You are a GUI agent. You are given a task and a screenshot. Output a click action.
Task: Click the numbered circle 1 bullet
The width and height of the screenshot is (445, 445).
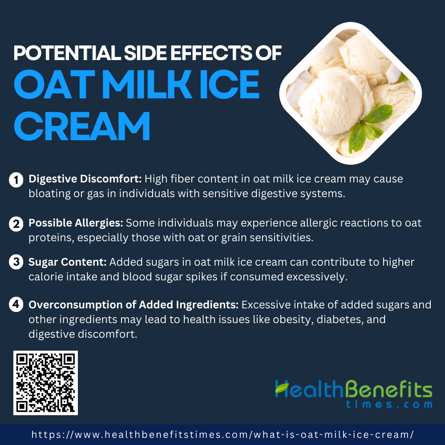(16, 180)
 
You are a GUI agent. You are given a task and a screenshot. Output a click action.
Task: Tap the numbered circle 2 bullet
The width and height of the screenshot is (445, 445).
(16, 224)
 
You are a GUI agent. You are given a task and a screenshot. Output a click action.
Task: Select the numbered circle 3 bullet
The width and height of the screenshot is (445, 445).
(16, 262)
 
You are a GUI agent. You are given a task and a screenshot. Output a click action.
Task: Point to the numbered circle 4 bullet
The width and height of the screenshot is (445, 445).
(16, 304)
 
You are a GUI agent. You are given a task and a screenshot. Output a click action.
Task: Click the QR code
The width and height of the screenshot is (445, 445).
(45, 383)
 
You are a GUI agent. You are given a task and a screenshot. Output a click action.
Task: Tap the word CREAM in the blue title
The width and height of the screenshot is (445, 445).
(82, 126)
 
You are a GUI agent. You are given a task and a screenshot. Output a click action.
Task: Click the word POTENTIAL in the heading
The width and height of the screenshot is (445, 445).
(67, 53)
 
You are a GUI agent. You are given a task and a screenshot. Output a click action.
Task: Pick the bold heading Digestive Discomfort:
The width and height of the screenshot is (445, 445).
(85, 179)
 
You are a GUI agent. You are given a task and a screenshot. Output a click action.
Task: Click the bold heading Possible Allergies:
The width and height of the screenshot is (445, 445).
(76, 223)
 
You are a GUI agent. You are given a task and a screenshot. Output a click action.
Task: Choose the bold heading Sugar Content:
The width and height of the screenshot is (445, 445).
(68, 262)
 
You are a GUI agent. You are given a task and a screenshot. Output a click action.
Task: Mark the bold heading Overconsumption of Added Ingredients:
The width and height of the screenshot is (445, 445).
(133, 304)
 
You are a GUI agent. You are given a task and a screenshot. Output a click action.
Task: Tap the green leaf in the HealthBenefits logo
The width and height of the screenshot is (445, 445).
(282, 388)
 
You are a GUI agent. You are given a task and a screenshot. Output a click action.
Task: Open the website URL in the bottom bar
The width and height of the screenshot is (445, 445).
(222, 434)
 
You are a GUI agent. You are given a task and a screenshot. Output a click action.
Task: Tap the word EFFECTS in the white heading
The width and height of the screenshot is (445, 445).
(211, 53)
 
